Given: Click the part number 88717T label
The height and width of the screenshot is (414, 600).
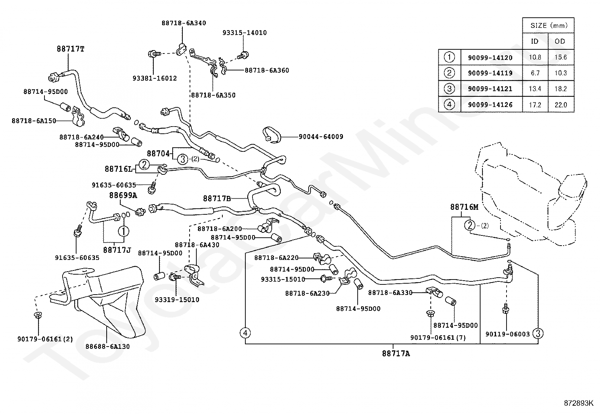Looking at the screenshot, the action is [70, 49].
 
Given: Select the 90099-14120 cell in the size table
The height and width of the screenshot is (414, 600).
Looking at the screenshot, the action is [490, 58].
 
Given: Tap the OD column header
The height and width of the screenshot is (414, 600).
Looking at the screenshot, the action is [560, 41].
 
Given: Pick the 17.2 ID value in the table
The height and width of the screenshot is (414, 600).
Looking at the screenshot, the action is [535, 105].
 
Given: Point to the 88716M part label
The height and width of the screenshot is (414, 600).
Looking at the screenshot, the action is [464, 207].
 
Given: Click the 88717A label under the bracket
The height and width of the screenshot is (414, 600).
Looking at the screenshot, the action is [396, 353].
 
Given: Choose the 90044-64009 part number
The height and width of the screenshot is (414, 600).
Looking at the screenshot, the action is [321, 137].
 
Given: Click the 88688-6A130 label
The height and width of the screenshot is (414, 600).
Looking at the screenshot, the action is [108, 347].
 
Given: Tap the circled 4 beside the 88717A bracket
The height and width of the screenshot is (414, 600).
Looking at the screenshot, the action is [245, 333].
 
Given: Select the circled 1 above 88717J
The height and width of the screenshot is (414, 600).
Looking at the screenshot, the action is [124, 231].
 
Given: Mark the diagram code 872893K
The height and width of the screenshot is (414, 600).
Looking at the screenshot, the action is [579, 403].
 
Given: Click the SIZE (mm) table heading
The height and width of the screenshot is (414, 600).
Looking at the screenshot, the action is [549, 26].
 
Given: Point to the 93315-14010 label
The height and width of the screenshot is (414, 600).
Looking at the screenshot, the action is [245, 33].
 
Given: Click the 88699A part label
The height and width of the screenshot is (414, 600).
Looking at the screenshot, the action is [123, 196].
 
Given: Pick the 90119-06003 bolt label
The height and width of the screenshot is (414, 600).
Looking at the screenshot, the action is [508, 334].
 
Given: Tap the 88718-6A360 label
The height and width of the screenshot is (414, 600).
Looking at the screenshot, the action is [267, 70].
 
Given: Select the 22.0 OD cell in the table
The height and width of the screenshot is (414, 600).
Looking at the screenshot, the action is [561, 105].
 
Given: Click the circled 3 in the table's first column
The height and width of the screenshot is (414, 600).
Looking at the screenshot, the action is [449, 89].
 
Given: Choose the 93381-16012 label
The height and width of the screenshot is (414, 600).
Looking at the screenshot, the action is [155, 78].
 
